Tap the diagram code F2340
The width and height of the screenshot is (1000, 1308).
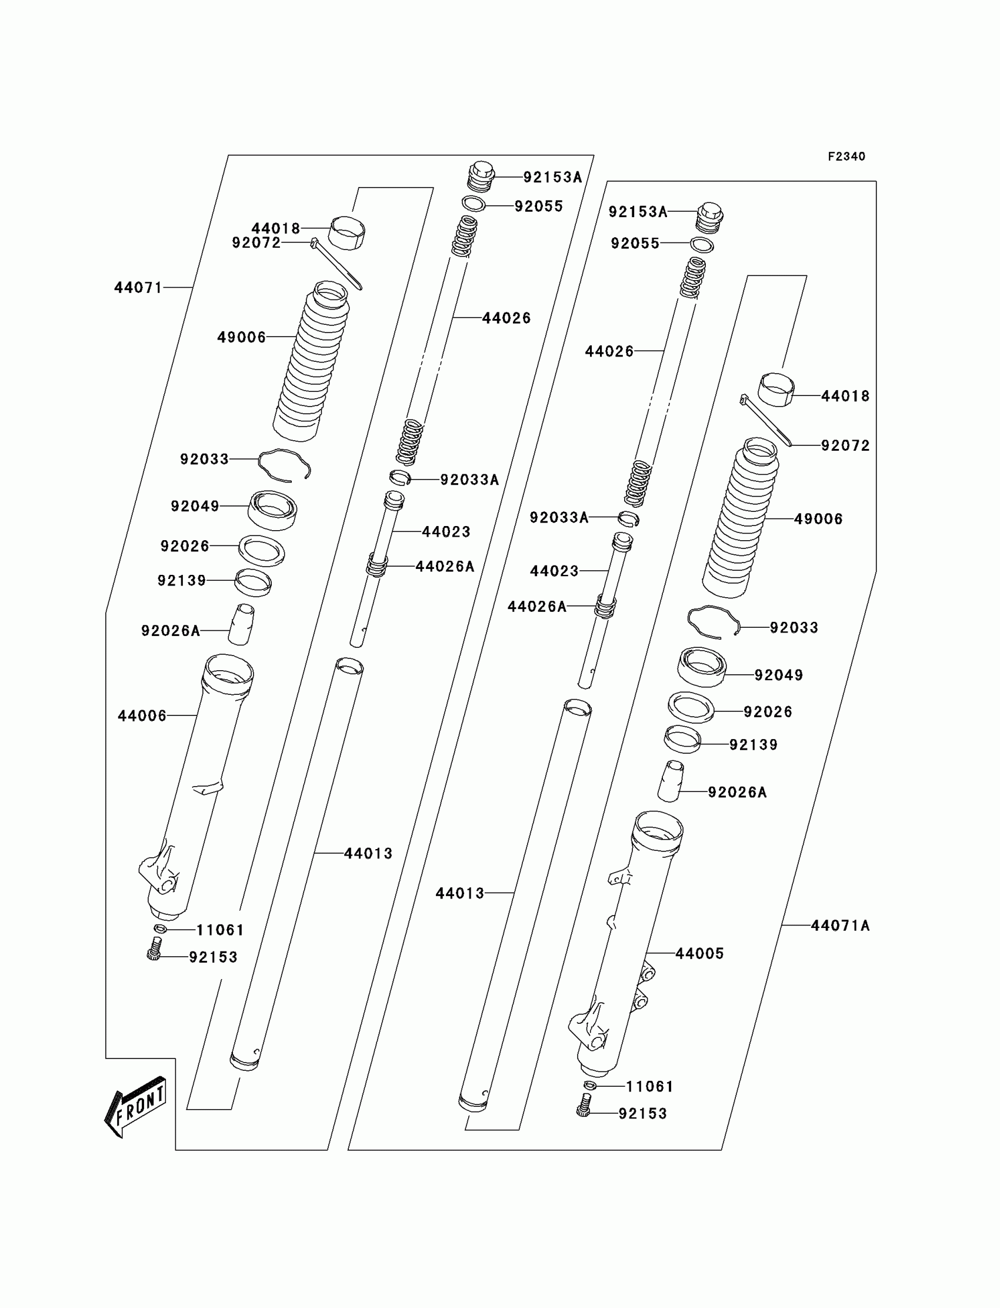846,157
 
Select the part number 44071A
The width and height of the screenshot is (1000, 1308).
840,925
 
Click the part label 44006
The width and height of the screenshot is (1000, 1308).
142,715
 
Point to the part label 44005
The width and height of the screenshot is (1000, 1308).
699,953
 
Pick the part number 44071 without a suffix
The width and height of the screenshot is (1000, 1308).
138,288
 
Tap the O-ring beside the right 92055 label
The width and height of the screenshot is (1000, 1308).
702,245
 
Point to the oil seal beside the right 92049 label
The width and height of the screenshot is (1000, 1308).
702,667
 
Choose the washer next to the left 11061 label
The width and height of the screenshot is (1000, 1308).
159,928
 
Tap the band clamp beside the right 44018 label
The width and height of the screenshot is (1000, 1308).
776,389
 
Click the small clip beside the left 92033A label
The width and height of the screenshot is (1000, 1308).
400,477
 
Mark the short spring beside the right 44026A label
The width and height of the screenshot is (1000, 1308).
605,607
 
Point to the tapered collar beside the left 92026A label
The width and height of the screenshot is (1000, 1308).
241,624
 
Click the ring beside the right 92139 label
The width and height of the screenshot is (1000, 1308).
682,740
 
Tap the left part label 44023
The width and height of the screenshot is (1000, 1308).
446,532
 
